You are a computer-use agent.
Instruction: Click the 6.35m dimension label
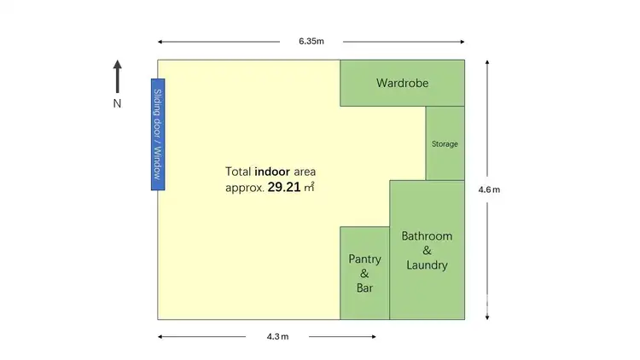pyautogui.click(x=311, y=41)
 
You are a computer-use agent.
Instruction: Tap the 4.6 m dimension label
pyautogui.click(x=489, y=189)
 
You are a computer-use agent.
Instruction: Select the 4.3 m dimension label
pyautogui.click(x=277, y=337)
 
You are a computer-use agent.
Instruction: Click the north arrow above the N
pyautogui.click(x=118, y=75)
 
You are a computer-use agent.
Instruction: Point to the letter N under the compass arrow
pyautogui.click(x=118, y=103)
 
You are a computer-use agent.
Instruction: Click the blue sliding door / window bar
pyautogui.click(x=157, y=134)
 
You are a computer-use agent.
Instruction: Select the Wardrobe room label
pyautogui.click(x=402, y=84)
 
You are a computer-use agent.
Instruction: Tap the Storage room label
pyautogui.click(x=445, y=144)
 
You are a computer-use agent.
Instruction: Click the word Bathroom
pyautogui.click(x=427, y=235)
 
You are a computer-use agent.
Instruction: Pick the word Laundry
pyautogui.click(x=427, y=265)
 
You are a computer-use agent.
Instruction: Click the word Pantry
pyautogui.click(x=364, y=258)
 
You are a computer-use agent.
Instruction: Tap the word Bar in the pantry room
pyautogui.click(x=364, y=288)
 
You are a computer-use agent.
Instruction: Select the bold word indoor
pyautogui.click(x=273, y=171)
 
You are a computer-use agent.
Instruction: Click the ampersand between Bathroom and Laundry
pyautogui.click(x=427, y=251)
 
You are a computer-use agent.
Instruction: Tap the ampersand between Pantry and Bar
pyautogui.click(x=364, y=274)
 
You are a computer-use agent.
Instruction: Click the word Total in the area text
pyautogui.click(x=238, y=171)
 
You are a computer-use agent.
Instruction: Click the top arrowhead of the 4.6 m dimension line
pyautogui.click(x=486, y=62)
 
